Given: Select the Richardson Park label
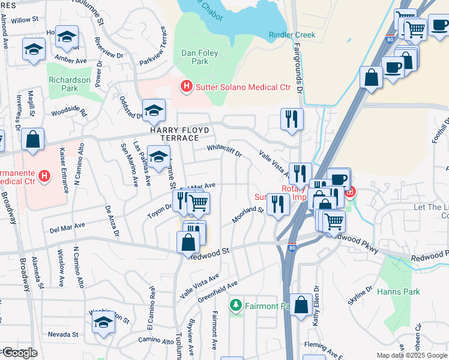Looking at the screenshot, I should point(70,84).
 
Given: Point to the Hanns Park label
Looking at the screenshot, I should point(393,292).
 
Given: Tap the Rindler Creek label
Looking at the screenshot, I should point(292,35).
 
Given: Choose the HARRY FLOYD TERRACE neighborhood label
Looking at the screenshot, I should point(179,134).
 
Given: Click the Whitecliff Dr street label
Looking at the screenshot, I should point(224,151).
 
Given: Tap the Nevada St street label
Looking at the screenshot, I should point(59,334).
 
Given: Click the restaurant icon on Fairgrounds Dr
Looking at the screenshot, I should point(292,119).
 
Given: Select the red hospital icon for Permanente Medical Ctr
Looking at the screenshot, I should point(43,176).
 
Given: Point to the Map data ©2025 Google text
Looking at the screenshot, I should point(412,355).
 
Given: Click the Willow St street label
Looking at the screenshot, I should point(25,20).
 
